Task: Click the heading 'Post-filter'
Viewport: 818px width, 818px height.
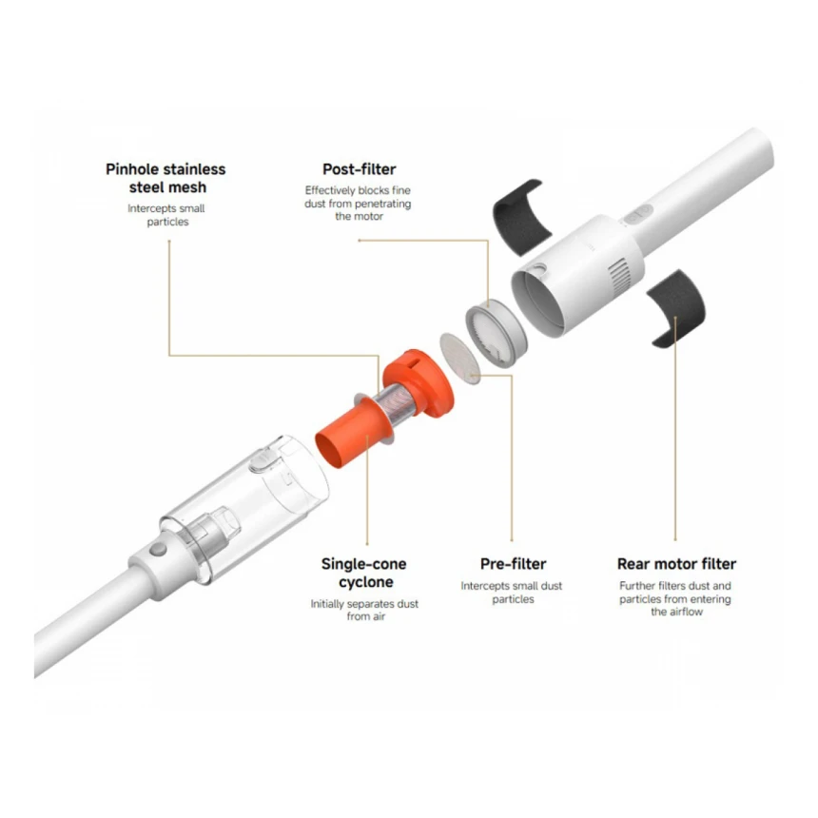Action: (359, 169)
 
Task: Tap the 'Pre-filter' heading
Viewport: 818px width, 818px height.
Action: (513, 564)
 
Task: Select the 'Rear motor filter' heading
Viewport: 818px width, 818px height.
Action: (676, 564)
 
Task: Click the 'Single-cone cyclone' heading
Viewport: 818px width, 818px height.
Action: (364, 573)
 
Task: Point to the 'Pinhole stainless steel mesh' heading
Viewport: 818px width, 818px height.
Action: (166, 178)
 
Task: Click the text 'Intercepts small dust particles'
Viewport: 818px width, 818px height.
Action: (512, 593)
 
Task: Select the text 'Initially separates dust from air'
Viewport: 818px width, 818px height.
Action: (364, 610)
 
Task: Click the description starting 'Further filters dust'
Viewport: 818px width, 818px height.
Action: (675, 598)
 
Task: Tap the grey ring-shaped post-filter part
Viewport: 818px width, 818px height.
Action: (496, 334)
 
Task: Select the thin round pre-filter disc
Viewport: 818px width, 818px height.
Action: (460, 359)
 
